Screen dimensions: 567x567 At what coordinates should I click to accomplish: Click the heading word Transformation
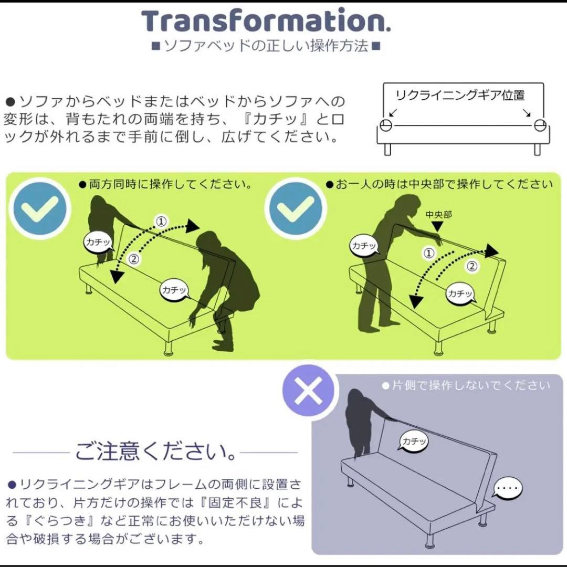(x=266, y=20)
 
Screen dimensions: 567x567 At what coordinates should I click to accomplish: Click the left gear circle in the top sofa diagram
(x=386, y=125)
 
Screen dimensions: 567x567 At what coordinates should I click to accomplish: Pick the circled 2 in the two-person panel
(x=133, y=258)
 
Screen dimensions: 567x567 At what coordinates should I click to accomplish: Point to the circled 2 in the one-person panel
(x=472, y=266)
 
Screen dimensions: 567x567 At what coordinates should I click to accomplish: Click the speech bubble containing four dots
(x=507, y=489)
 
